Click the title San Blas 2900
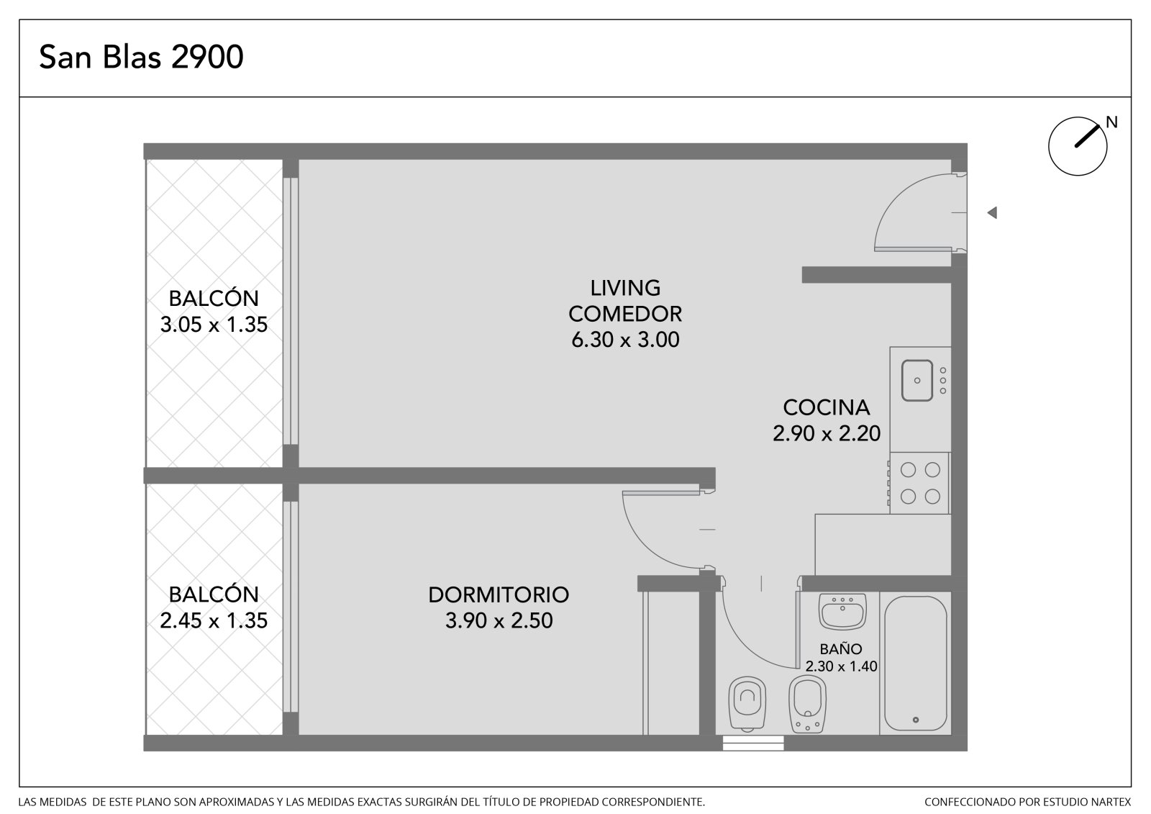tap(141, 57)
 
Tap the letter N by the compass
tap(1111, 122)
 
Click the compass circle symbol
tap(1078, 147)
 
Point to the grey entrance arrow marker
tap(992, 212)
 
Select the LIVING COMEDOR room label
tap(625, 301)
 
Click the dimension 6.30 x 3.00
tap(625, 340)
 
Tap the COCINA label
tap(827, 408)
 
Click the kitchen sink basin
tap(916, 381)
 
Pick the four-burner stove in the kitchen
tap(919, 483)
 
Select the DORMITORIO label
tap(499, 595)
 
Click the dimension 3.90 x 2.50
tap(499, 620)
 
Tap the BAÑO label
tap(841, 649)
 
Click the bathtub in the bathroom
tap(916, 663)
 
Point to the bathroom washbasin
tap(842, 612)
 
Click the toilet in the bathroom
tap(747, 704)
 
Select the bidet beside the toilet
tap(807, 704)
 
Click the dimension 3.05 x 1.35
tap(214, 325)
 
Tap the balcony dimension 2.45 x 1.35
tap(214, 620)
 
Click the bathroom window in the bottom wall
tap(753, 743)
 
